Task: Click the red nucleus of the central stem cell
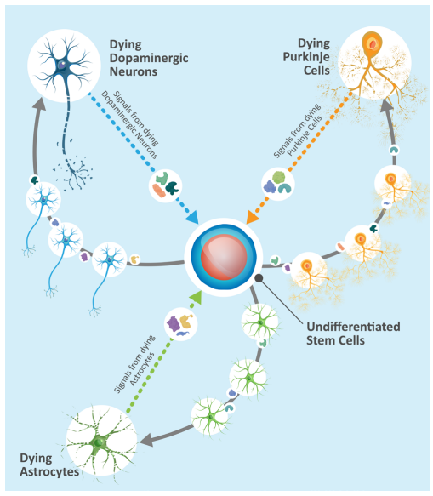[224, 257]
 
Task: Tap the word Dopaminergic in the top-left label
[149, 58]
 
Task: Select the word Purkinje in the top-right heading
[306, 57]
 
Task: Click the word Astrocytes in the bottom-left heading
[49, 471]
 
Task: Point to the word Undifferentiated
[353, 327]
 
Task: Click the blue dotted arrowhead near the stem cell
[191, 217]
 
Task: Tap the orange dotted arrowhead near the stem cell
[253, 217]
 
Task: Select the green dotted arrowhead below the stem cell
[197, 298]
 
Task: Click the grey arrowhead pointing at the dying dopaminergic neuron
[39, 104]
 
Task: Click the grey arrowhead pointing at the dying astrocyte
[147, 439]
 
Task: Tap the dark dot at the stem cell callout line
[259, 278]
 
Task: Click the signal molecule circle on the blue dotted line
[165, 185]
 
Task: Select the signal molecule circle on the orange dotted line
[278, 184]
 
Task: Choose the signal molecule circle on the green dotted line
[181, 324]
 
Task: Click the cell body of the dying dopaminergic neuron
[62, 66]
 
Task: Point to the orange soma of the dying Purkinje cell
[372, 44]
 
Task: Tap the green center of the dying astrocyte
[100, 442]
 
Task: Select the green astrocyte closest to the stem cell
[260, 322]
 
